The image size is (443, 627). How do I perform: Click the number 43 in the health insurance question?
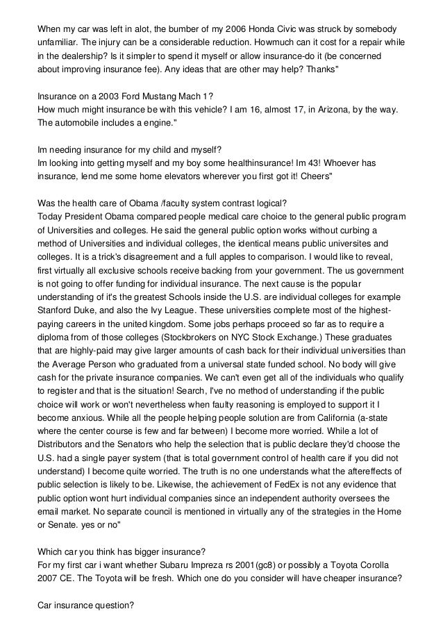click(323, 162)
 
